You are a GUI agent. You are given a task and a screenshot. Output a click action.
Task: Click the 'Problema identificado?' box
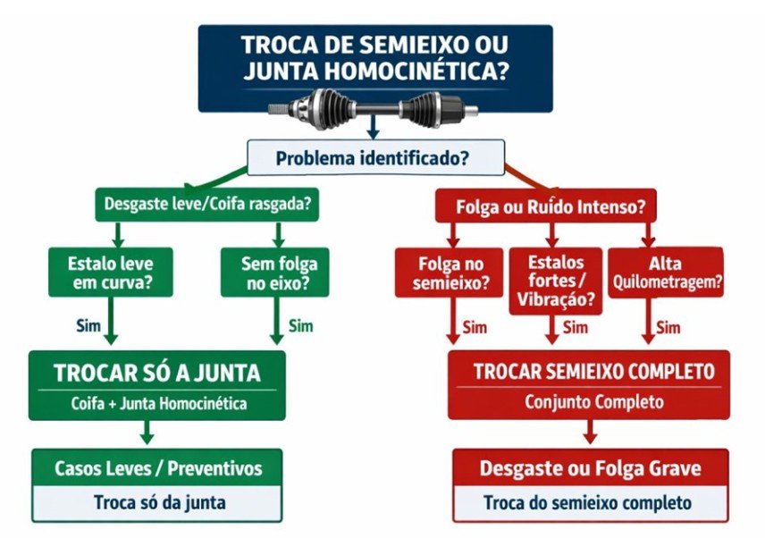375,157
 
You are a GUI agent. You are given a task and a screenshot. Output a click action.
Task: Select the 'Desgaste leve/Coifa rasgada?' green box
206,204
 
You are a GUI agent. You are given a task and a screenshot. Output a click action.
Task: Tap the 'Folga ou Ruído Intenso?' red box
545,206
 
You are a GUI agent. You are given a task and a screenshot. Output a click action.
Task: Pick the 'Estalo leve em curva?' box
111,273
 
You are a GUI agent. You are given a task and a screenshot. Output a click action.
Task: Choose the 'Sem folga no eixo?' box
274,273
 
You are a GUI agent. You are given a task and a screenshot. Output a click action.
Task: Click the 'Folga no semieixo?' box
449,273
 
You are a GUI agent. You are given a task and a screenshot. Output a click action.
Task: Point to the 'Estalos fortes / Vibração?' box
556,281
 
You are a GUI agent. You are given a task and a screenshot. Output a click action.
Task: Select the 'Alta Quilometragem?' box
666,273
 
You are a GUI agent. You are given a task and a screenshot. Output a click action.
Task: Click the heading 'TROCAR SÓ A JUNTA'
157,373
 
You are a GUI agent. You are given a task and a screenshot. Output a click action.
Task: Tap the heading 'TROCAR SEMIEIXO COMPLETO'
593,371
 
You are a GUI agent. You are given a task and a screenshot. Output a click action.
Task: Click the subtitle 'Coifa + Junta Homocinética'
158,403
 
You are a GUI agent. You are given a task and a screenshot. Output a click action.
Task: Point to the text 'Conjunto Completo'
593,402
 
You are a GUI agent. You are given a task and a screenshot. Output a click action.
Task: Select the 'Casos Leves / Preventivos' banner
157,467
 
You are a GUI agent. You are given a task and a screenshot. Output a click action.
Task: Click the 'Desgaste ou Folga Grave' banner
591,467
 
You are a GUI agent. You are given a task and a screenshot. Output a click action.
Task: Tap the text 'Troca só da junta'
160,502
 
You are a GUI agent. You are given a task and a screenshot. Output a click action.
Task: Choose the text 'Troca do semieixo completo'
587,502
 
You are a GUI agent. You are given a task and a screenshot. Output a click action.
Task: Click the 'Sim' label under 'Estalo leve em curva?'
88,325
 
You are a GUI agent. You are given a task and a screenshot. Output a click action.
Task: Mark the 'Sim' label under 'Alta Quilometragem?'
668,327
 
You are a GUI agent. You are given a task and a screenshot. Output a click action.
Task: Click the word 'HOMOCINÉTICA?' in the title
416,71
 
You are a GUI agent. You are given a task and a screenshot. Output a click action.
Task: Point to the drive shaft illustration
374,109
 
